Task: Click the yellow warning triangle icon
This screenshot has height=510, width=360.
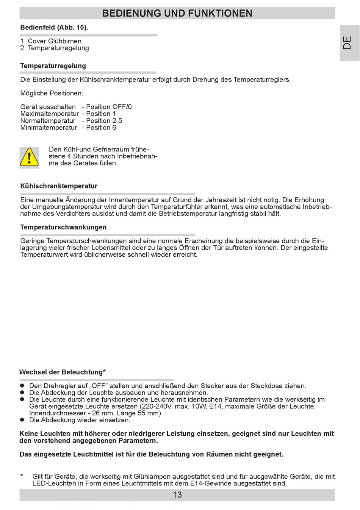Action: click(29, 158)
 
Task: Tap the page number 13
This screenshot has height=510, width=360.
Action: click(177, 495)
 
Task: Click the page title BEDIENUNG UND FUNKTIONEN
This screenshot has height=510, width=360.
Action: click(177, 13)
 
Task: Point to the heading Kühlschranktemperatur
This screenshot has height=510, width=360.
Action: click(59, 186)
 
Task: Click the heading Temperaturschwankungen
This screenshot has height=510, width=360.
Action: click(63, 227)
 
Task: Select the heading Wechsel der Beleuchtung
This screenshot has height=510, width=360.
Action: click(63, 372)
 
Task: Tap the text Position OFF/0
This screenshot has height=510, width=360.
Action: click(109, 107)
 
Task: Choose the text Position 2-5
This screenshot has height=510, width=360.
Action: click(104, 121)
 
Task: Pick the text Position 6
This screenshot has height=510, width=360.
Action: click(101, 128)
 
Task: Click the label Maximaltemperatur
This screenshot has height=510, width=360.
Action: click(50, 114)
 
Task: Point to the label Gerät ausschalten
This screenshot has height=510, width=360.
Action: click(48, 107)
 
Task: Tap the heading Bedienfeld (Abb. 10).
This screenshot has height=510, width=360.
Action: click(54, 27)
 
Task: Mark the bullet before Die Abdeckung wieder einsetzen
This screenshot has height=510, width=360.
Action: click(22, 420)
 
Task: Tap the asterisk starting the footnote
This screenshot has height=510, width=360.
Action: click(22, 476)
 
